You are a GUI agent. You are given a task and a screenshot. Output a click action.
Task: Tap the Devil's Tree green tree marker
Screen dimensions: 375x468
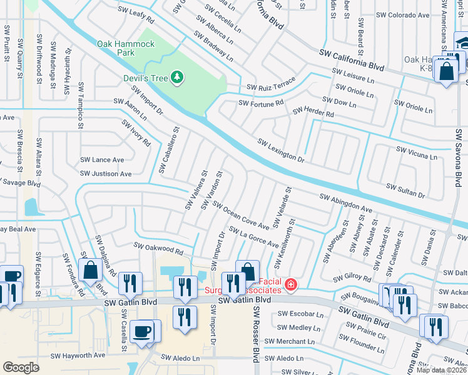(178, 77)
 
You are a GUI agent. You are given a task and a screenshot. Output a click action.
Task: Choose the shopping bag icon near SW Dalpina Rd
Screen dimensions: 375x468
(91, 270)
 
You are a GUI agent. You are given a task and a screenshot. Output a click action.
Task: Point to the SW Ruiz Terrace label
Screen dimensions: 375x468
(271, 86)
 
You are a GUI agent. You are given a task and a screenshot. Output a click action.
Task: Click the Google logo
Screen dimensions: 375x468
(21, 367)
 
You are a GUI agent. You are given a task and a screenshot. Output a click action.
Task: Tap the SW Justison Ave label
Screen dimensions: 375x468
(106, 174)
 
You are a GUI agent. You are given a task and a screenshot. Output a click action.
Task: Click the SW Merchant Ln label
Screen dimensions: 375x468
(289, 341)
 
